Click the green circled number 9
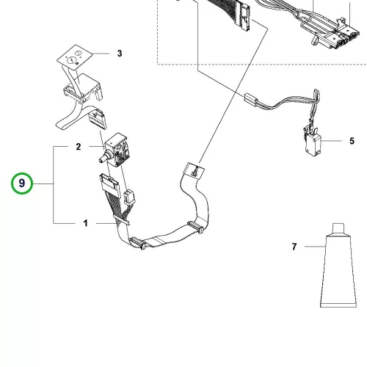22,183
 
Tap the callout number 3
120,53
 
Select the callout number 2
79,147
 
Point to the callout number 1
86,223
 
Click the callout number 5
352,141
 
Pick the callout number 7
294,247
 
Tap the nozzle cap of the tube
338,228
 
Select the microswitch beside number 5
312,143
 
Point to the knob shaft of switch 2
103,158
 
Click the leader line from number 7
315,247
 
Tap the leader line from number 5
331,141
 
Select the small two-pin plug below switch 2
129,197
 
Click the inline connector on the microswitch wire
251,100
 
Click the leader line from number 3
101,53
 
